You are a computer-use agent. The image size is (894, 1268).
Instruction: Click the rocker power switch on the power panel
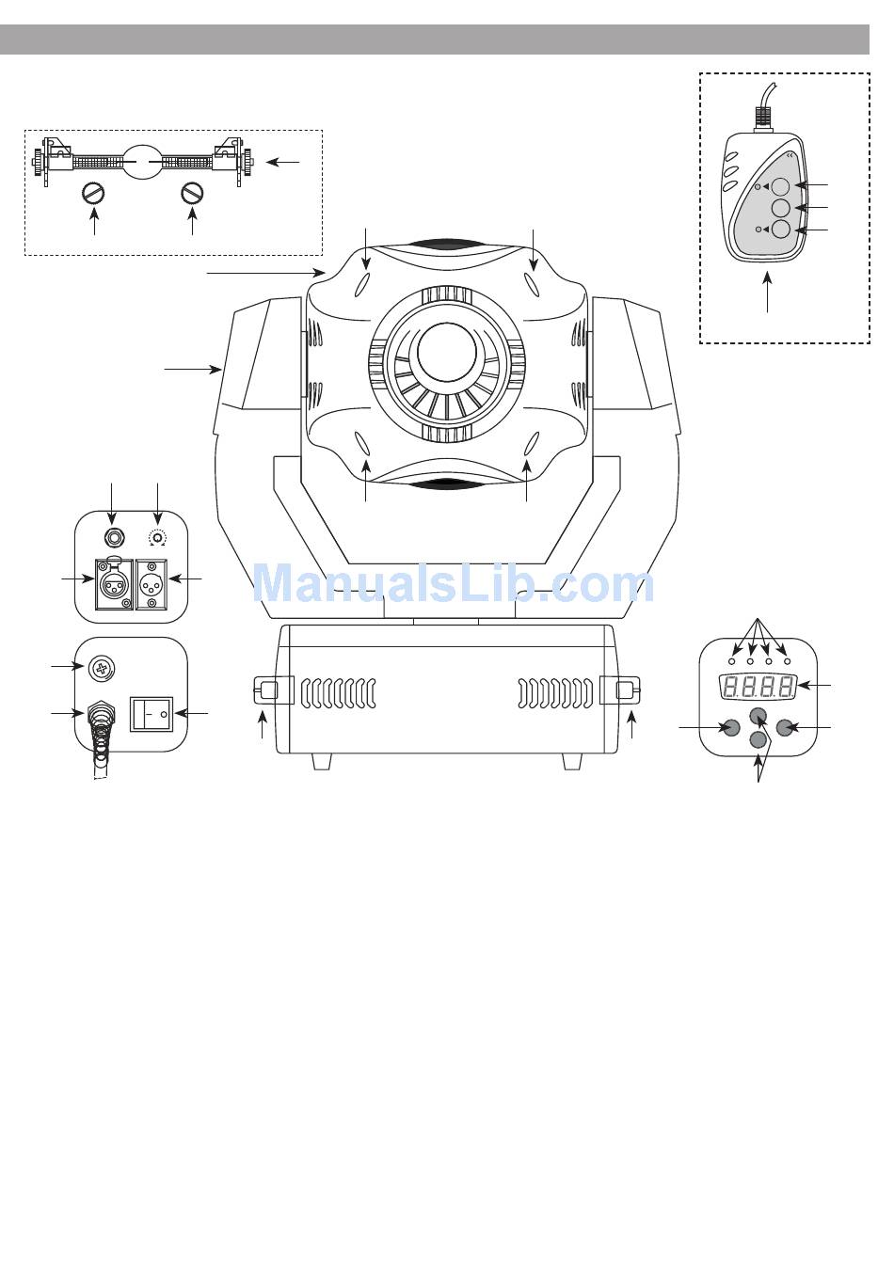[152, 714]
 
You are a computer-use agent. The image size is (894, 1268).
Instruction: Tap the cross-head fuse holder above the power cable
[103, 669]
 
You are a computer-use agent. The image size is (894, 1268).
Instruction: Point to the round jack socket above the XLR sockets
[113, 535]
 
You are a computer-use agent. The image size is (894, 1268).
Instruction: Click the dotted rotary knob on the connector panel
[157, 536]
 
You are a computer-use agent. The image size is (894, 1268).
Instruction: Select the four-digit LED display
[758, 688]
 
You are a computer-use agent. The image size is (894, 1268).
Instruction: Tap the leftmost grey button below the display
[731, 727]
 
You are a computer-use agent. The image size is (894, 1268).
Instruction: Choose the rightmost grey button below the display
[784, 727]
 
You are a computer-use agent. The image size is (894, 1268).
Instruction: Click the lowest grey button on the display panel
[758, 740]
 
